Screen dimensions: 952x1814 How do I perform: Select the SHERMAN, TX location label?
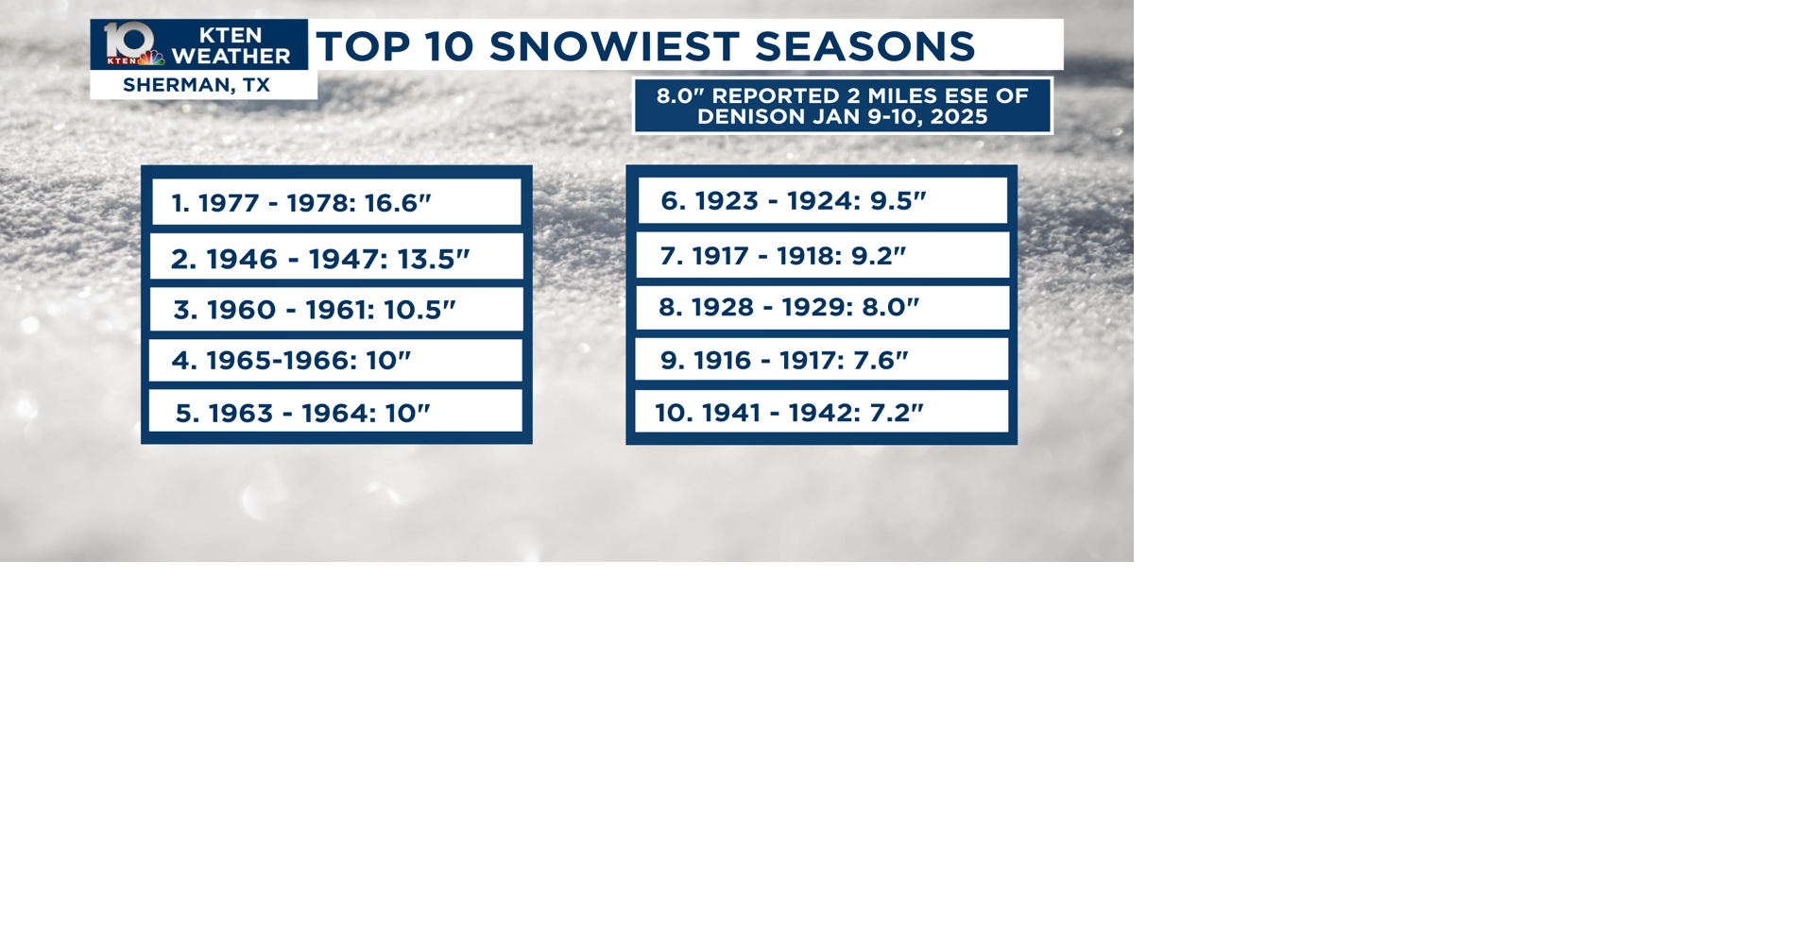click(x=197, y=85)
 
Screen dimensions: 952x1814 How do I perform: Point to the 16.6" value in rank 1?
click(x=398, y=203)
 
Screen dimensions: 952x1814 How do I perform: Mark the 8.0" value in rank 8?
click(x=890, y=307)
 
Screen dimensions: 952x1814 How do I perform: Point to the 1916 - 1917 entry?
click(x=784, y=360)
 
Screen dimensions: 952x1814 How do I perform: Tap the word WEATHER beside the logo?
click(x=231, y=57)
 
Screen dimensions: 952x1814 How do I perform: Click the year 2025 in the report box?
click(x=959, y=116)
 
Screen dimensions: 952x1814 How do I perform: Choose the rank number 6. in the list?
click(x=671, y=201)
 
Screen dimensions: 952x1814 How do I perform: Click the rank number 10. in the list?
click(x=673, y=413)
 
